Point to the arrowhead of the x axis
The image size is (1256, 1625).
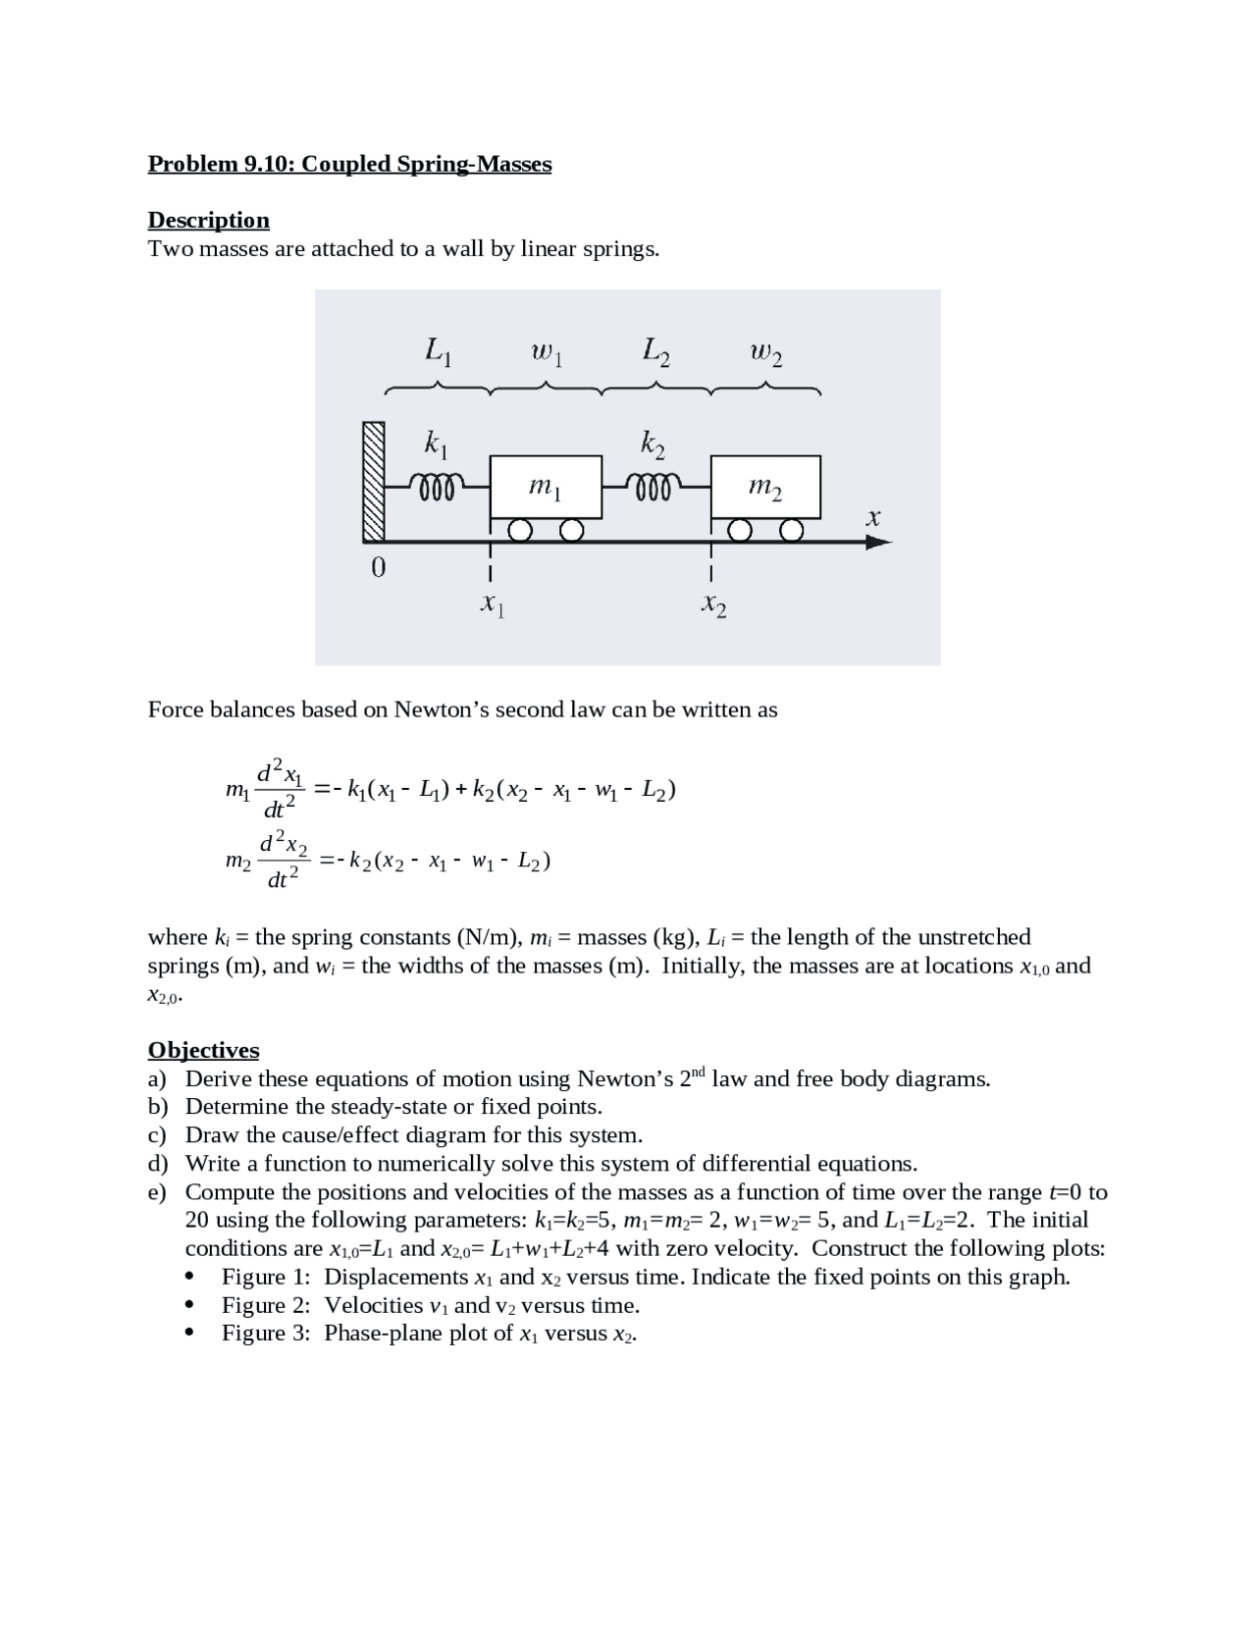point(879,542)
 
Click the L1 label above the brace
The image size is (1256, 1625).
point(438,350)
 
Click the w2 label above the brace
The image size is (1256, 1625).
point(766,351)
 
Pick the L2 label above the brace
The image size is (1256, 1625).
point(656,350)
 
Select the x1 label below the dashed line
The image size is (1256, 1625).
point(492,605)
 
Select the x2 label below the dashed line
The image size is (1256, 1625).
point(713,605)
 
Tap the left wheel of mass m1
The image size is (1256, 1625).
point(521,531)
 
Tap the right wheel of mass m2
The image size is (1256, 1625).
point(792,531)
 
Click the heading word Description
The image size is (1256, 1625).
point(208,220)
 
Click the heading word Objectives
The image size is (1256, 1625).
point(203,1050)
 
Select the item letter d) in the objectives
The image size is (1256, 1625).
point(158,1164)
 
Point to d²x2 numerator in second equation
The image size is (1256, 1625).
point(284,843)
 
